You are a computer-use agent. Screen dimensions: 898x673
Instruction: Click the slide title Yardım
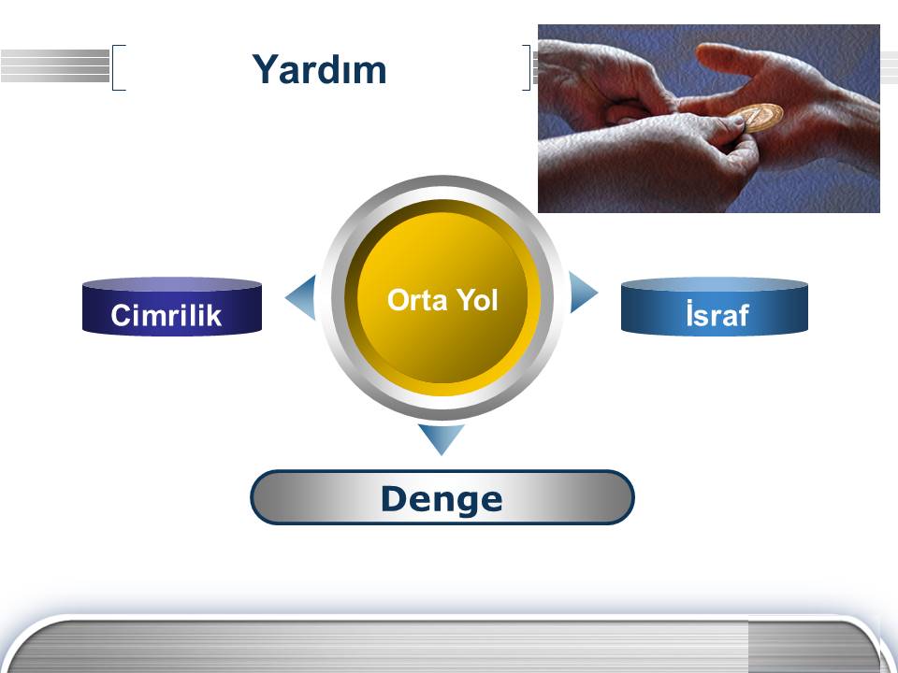coord(319,69)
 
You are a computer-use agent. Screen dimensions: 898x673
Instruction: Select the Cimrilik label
coord(167,315)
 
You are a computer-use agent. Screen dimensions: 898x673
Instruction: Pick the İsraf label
coord(717,314)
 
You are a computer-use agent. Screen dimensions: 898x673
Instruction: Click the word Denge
coord(442,499)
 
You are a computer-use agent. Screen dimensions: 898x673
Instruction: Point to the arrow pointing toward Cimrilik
coord(302,297)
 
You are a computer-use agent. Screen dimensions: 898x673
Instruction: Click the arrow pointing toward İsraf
coord(582,293)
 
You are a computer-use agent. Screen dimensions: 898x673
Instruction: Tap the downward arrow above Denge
coord(441,437)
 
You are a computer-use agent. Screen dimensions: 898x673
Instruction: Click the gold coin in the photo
coord(758,118)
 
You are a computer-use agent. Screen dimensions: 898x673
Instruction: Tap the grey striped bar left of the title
coord(55,65)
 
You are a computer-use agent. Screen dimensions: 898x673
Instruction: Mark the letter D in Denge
coord(396,499)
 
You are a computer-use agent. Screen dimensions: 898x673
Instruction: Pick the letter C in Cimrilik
coord(122,315)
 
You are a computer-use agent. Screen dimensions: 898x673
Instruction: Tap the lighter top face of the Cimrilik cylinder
coord(172,284)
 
